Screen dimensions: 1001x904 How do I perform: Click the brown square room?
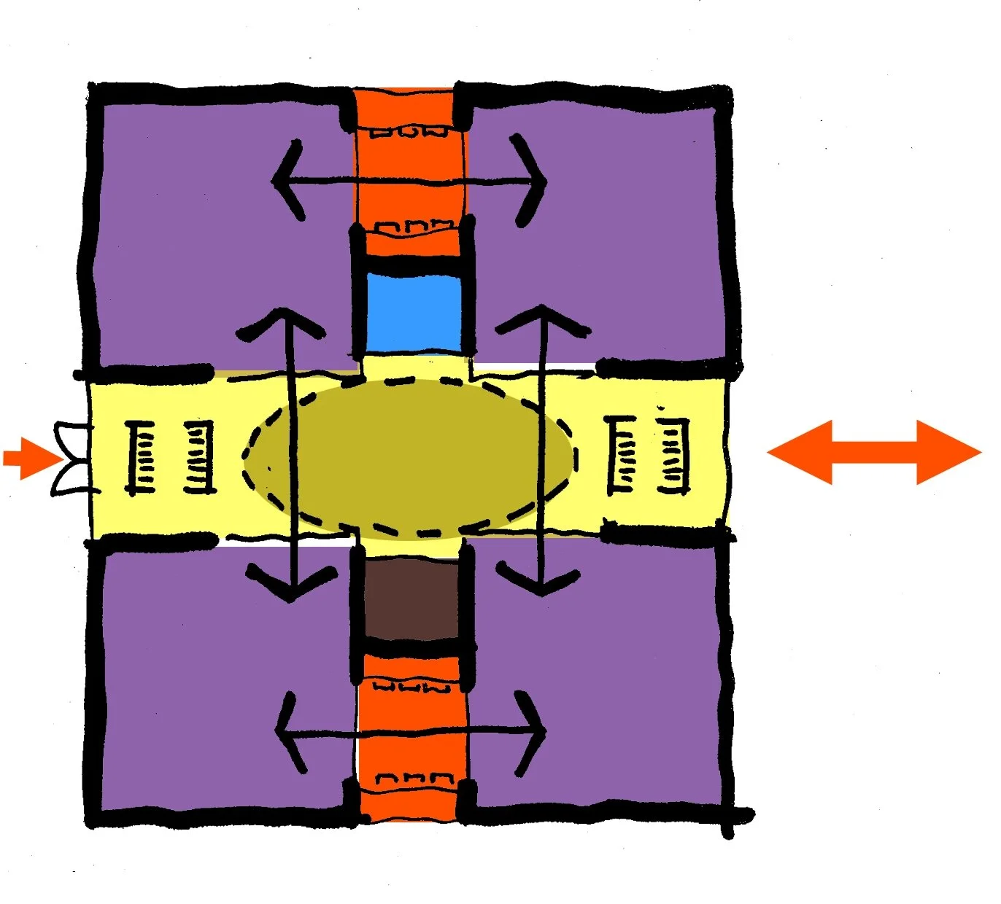point(412,599)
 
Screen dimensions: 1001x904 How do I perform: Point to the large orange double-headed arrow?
point(874,452)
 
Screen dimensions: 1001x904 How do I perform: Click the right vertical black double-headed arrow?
point(543,452)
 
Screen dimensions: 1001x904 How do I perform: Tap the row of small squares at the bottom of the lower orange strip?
point(409,779)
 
